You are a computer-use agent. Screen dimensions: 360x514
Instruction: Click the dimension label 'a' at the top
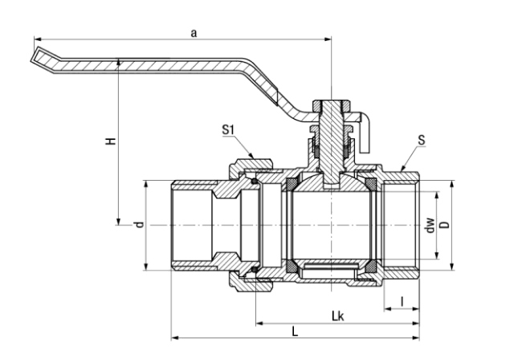[x=193, y=32]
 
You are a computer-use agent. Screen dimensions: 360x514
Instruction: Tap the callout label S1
[x=229, y=129]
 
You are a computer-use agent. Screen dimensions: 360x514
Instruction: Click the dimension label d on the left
[x=138, y=226]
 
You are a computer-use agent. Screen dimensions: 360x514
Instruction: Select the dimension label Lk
[x=337, y=316]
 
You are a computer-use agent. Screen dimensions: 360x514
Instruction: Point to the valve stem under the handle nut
[x=330, y=137]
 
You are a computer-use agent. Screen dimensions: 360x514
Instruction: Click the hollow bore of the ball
[x=330, y=226]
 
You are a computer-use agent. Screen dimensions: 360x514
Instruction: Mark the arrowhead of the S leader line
[x=402, y=170]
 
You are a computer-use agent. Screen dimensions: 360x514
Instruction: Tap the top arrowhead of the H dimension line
[x=118, y=58]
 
